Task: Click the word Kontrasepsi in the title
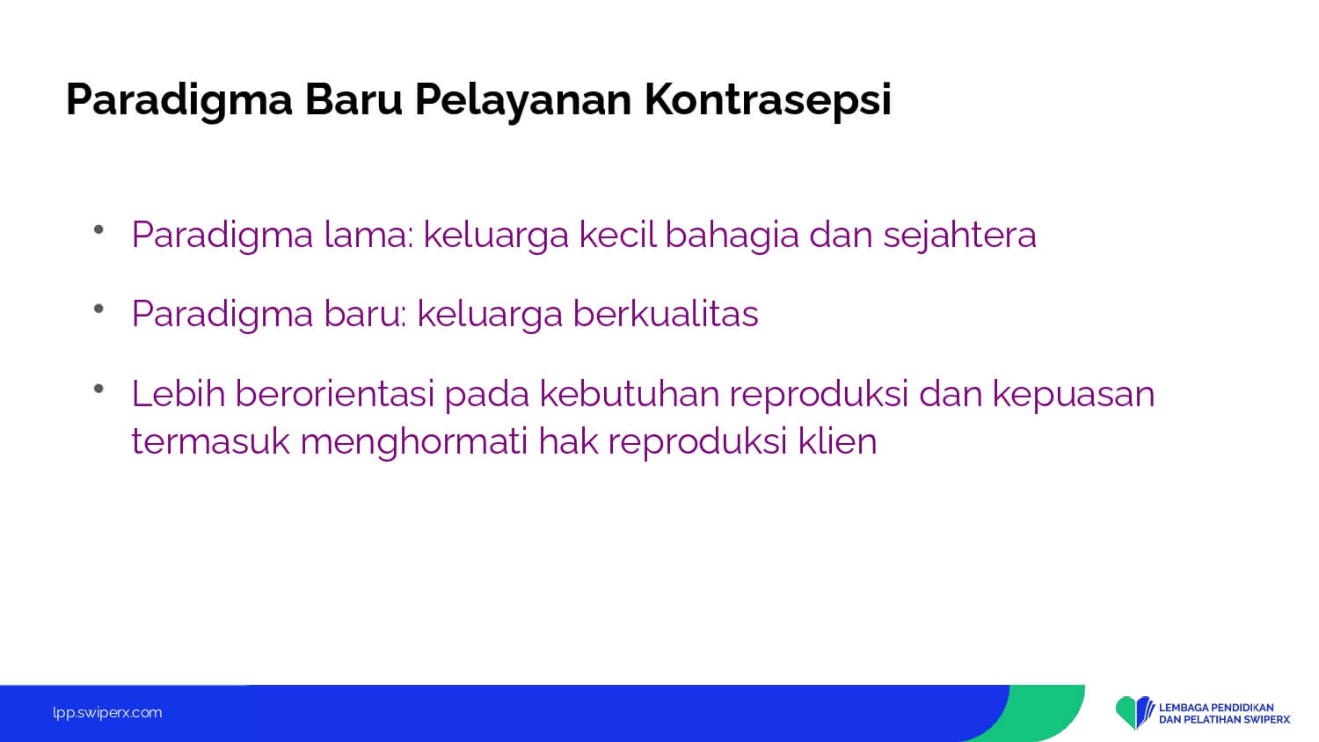pyautogui.click(x=768, y=100)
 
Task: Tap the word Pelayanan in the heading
pyautogui.click(x=523, y=100)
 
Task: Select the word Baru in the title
pyautogui.click(x=353, y=99)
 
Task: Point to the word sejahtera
pyautogui.click(x=960, y=236)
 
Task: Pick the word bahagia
pyautogui.click(x=732, y=236)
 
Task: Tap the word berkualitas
pyautogui.click(x=666, y=313)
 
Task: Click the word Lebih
pyautogui.click(x=179, y=393)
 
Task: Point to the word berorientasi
pyautogui.click(x=334, y=393)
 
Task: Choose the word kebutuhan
pyautogui.click(x=630, y=393)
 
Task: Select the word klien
pyautogui.click(x=837, y=440)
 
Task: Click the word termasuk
pyautogui.click(x=211, y=440)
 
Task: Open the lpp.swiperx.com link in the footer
pyautogui.click(x=107, y=713)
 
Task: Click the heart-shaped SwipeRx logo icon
pyautogui.click(x=1134, y=713)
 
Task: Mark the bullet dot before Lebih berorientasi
pyautogui.click(x=98, y=388)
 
